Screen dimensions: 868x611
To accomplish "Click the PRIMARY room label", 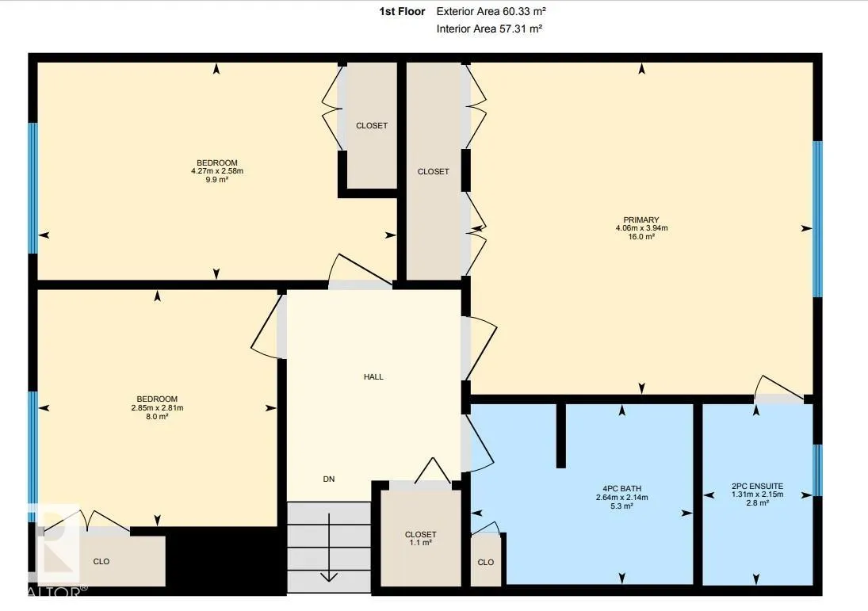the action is pos(641,220).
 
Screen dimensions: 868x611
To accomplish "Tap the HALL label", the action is pos(373,377).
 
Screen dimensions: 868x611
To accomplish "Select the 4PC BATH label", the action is pos(621,489).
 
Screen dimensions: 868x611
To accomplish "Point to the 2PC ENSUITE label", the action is pos(757,487).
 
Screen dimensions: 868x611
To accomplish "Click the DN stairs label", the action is pos(329,479).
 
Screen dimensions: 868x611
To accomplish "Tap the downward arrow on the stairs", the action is pos(329,548).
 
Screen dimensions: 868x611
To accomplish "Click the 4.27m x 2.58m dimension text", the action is pos(217,171).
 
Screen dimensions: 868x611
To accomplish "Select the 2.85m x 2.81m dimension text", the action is pos(157,408).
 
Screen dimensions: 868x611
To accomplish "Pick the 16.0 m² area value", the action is pos(641,236).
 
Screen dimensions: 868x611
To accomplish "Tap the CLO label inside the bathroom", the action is pos(485,563).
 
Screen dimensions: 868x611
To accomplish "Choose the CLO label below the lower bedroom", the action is pos(101,562).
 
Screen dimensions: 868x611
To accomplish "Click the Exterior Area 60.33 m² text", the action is pos(491,11).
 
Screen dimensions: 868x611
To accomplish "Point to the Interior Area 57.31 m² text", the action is pos(489,29).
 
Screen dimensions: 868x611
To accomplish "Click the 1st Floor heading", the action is pos(402,11).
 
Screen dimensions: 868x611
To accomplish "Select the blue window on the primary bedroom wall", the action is pos(817,220).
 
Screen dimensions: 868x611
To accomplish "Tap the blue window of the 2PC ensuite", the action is pos(817,471).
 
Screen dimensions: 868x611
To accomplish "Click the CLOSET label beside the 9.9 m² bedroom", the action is pos(372,126).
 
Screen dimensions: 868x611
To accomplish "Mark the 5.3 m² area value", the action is pos(621,506).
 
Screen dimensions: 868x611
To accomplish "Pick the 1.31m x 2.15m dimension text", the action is pos(757,495).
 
